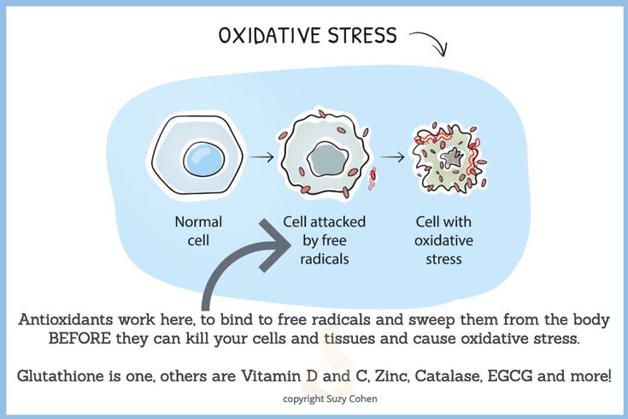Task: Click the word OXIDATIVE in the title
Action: click(x=270, y=35)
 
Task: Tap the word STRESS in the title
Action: click(x=362, y=35)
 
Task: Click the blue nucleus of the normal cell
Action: click(x=204, y=159)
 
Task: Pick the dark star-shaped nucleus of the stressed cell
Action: click(x=453, y=157)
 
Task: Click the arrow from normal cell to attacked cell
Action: click(x=261, y=156)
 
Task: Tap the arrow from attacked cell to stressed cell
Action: click(x=392, y=156)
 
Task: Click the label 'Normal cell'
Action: click(x=198, y=231)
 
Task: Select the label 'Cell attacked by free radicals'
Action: click(x=325, y=240)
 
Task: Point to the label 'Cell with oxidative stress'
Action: click(x=443, y=240)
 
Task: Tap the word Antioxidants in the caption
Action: click(x=66, y=320)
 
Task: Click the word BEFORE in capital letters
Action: click(x=79, y=339)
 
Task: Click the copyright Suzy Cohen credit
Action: click(x=330, y=399)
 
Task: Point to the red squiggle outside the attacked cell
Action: click(x=373, y=178)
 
